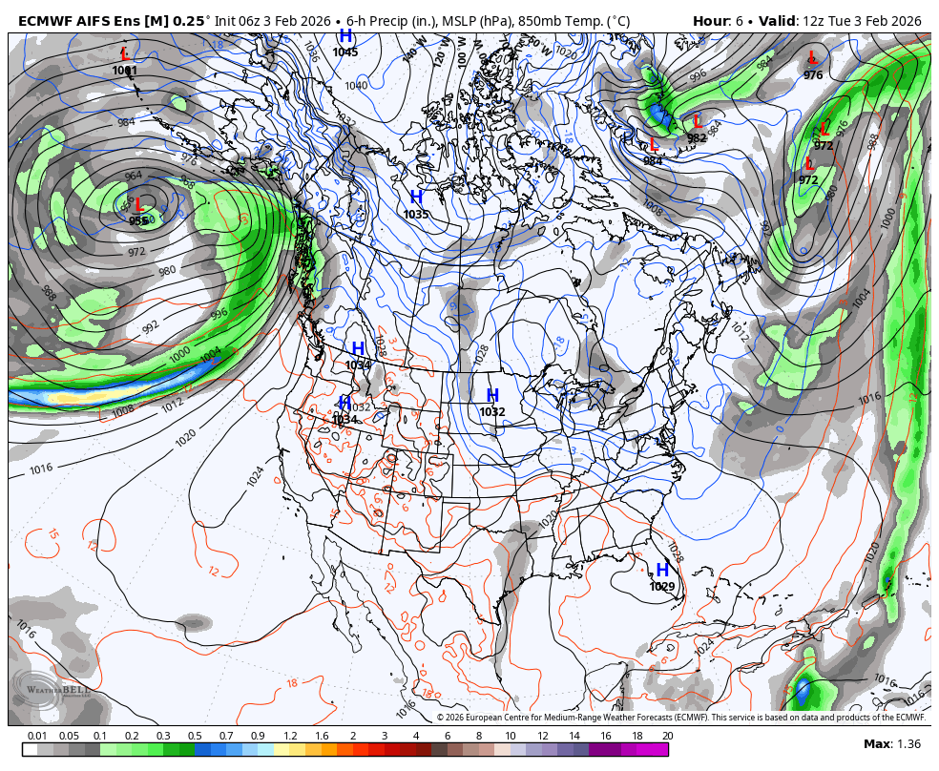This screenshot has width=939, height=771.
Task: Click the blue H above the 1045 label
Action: (x=345, y=36)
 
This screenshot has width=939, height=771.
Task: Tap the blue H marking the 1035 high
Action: (x=416, y=198)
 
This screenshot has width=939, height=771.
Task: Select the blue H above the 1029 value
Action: (x=661, y=570)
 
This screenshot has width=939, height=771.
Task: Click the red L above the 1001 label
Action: (x=125, y=55)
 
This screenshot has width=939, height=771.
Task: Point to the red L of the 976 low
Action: (x=813, y=58)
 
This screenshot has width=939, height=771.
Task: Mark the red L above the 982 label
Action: (x=697, y=121)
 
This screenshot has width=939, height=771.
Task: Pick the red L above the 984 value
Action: (x=654, y=144)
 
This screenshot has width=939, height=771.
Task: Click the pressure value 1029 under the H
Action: (x=662, y=587)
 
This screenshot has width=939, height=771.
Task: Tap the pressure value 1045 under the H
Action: (x=345, y=52)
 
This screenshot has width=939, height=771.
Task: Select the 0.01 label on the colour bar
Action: (x=37, y=736)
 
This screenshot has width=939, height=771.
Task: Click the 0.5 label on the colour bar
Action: (x=194, y=736)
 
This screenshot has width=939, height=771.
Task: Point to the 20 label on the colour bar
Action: (x=667, y=736)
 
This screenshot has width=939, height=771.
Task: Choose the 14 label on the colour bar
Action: (x=574, y=736)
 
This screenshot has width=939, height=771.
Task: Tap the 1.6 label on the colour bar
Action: (x=322, y=736)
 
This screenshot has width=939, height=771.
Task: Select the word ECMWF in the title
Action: (x=47, y=20)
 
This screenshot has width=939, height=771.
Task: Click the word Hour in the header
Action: (x=711, y=20)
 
